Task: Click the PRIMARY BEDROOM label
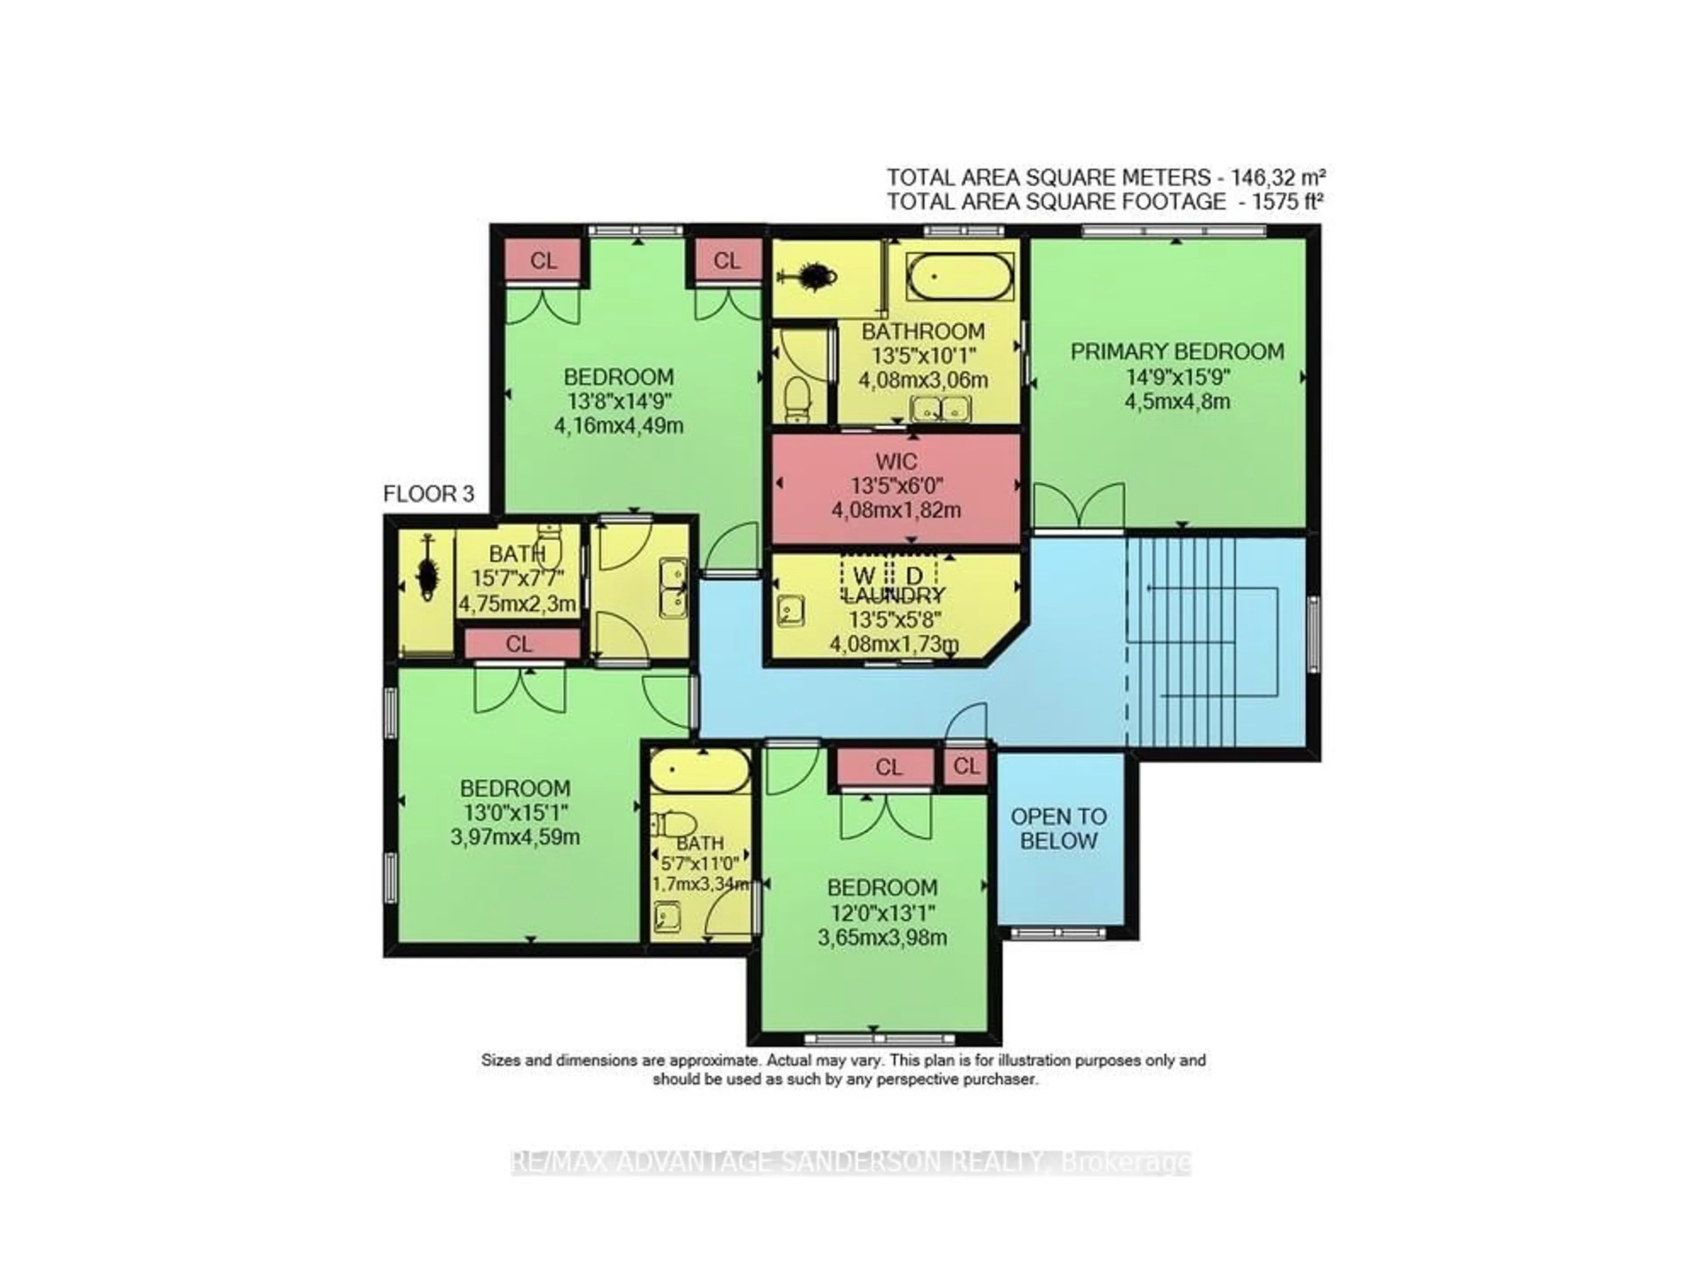(x=1176, y=352)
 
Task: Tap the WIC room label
(x=896, y=462)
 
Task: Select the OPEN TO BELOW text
(x=1058, y=828)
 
